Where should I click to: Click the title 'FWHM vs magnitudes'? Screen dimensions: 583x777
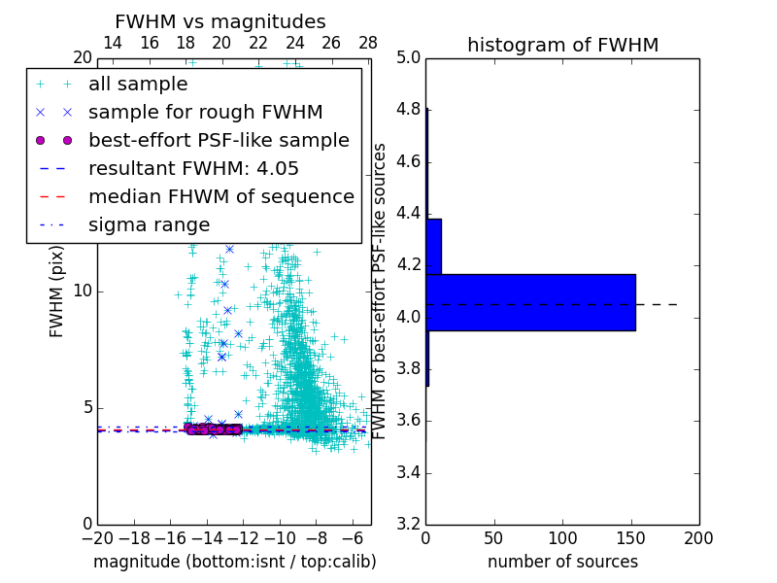(x=220, y=21)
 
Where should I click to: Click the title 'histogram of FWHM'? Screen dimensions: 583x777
(x=562, y=45)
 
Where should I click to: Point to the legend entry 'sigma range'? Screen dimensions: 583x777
(x=149, y=224)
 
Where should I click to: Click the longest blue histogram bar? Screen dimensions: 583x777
(x=530, y=302)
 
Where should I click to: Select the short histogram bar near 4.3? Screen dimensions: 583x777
(x=433, y=246)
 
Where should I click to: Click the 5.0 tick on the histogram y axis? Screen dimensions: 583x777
(x=409, y=57)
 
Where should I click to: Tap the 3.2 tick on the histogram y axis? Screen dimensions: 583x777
(x=409, y=524)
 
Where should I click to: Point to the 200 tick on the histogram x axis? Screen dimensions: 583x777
(x=698, y=537)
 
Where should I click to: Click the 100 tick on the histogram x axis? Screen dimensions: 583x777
(x=562, y=537)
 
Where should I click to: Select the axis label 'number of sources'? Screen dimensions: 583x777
(x=562, y=562)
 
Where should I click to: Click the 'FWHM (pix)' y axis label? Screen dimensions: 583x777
(x=57, y=291)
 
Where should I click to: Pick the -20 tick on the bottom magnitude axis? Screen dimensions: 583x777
(x=97, y=537)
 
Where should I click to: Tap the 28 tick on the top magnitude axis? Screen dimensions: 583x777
(x=368, y=43)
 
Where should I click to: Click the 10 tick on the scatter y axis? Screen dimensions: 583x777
(x=84, y=291)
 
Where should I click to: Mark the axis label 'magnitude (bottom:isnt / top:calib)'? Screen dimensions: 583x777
(x=234, y=562)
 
